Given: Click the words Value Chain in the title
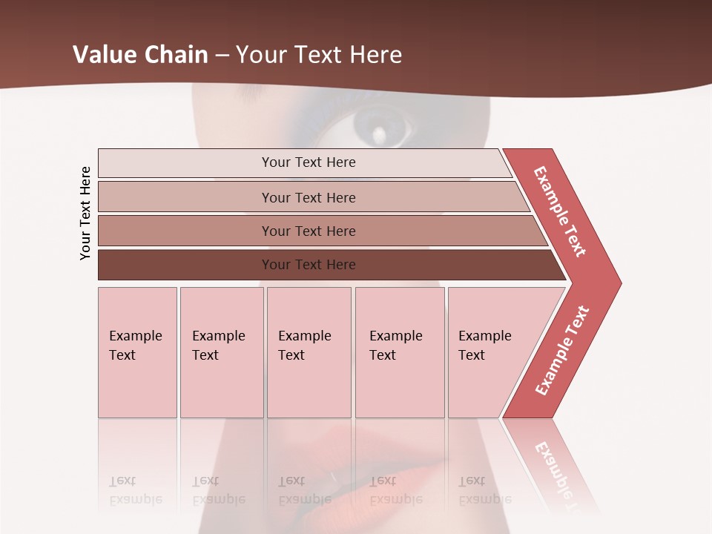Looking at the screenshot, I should (140, 55).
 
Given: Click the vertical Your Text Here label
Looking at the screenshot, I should (85, 213).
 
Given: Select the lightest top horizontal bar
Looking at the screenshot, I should (185, 163).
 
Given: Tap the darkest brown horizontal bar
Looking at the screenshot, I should (185, 265).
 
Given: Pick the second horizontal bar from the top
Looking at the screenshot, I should (185, 197).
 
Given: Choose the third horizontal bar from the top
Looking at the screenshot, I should (185, 231).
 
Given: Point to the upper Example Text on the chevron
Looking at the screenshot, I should (560, 211).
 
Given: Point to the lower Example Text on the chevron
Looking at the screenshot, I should (562, 350).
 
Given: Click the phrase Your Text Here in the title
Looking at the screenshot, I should (319, 55).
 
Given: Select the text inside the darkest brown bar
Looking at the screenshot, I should (309, 265).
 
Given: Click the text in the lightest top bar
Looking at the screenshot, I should (309, 162).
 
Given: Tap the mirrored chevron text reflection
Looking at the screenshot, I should (556, 467).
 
